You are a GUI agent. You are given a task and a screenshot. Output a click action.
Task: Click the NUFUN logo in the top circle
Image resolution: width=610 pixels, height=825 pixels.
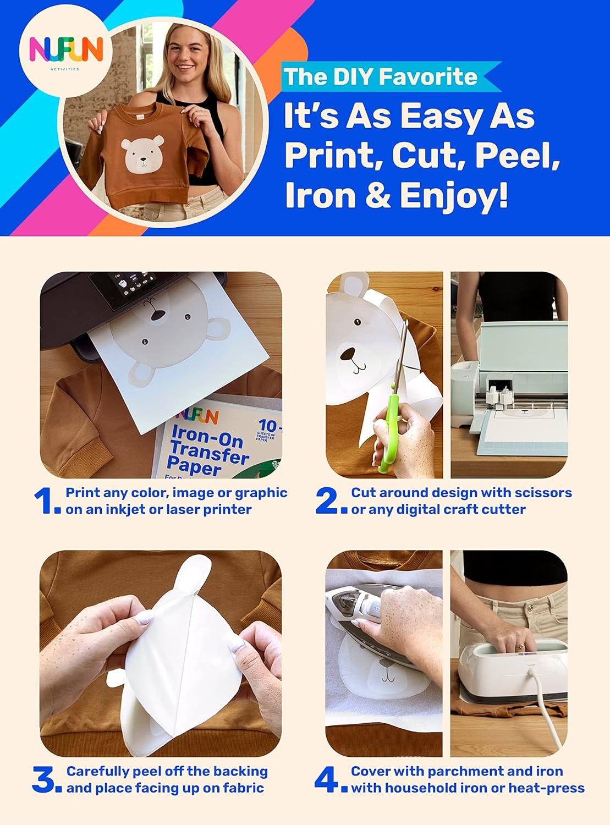[65, 51]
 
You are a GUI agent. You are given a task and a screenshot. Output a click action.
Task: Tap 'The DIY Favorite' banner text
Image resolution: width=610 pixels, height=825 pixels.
[380, 76]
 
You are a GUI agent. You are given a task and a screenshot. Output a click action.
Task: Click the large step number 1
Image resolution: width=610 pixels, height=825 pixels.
[44, 501]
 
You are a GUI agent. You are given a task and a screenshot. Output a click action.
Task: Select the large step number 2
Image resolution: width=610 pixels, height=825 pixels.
[328, 501]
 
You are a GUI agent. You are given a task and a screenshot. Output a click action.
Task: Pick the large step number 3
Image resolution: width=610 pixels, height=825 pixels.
[44, 780]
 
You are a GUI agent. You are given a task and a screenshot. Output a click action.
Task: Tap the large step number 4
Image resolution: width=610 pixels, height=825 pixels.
[327, 780]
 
